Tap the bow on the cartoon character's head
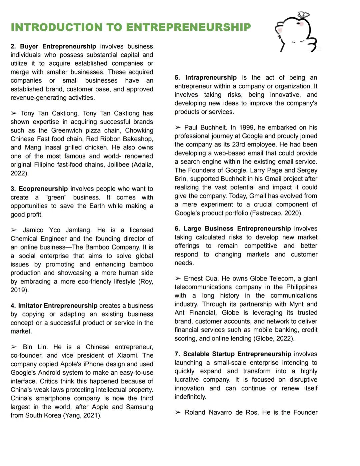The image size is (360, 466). coord(303,15)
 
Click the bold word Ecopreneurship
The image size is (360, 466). coord(43,189)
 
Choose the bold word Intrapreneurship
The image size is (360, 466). coord(211,77)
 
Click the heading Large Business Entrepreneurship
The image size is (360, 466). coord(237,228)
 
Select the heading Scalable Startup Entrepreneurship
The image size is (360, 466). coord(237,354)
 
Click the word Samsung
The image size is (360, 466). coord(139,407)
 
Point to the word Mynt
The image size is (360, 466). coord(296,304)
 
